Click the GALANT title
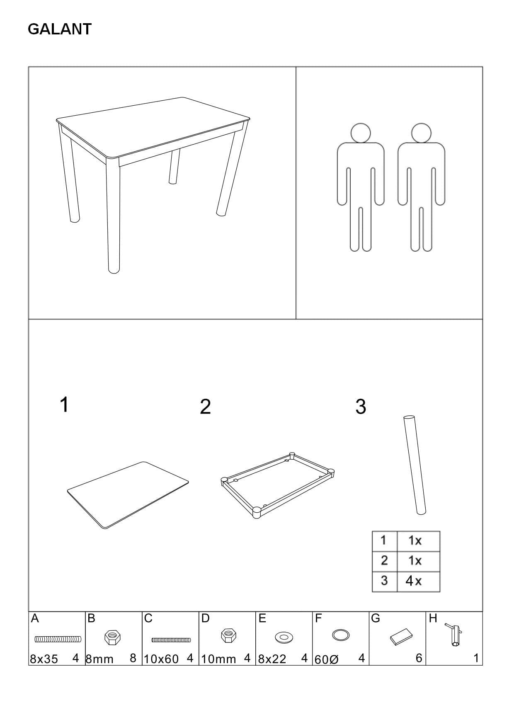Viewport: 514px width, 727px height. coord(59,29)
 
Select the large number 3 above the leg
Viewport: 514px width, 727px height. coord(361,407)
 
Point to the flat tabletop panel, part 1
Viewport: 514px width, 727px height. coord(128,494)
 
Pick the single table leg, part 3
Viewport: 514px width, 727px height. coord(414,464)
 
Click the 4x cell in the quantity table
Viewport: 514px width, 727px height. coord(414,581)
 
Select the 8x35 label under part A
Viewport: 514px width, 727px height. coord(44,659)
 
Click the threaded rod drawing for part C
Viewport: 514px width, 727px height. coord(171,640)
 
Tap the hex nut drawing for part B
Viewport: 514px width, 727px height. coord(112,637)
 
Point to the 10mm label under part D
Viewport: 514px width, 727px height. coord(218,659)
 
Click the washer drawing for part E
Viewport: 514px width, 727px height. coord(284,636)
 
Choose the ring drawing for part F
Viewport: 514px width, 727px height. coord(341,635)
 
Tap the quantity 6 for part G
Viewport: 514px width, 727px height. coord(419,658)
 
